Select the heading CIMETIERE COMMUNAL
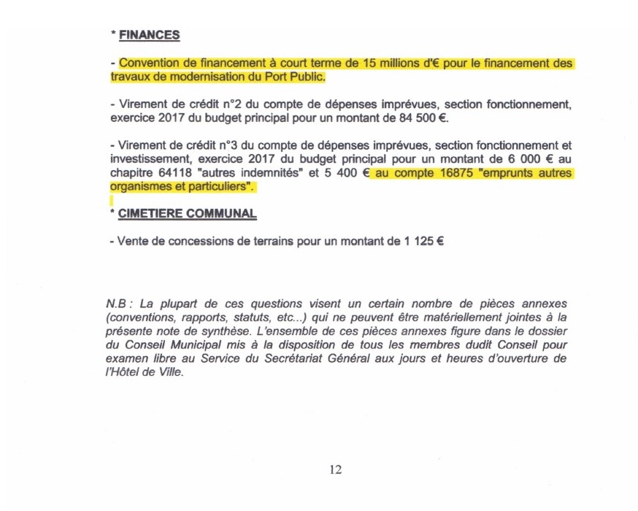[187, 214]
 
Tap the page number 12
[335, 469]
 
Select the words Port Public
[294, 77]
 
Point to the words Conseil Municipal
[153, 344]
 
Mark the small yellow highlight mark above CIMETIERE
[111, 199]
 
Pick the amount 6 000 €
[531, 161]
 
